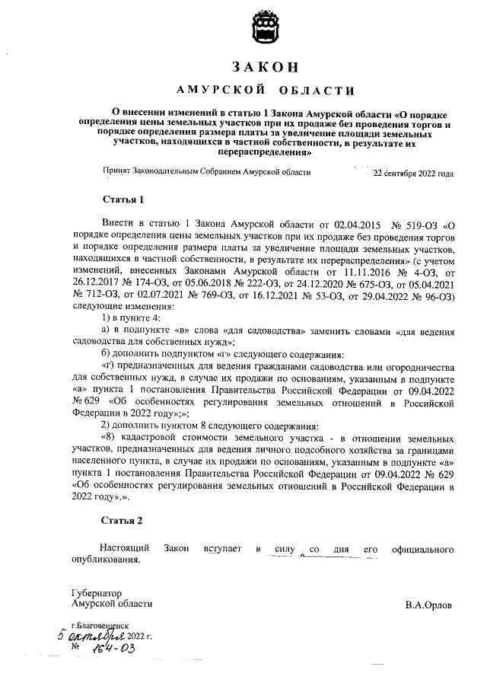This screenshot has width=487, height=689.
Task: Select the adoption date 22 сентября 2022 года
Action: pyautogui.click(x=412, y=173)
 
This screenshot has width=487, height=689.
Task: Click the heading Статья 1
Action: pyautogui.click(x=123, y=199)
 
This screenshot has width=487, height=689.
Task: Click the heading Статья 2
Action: pyautogui.click(x=123, y=521)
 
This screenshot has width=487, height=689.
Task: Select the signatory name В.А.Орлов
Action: pyautogui.click(x=429, y=605)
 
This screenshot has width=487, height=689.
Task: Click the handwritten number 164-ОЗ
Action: pyautogui.click(x=113, y=648)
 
